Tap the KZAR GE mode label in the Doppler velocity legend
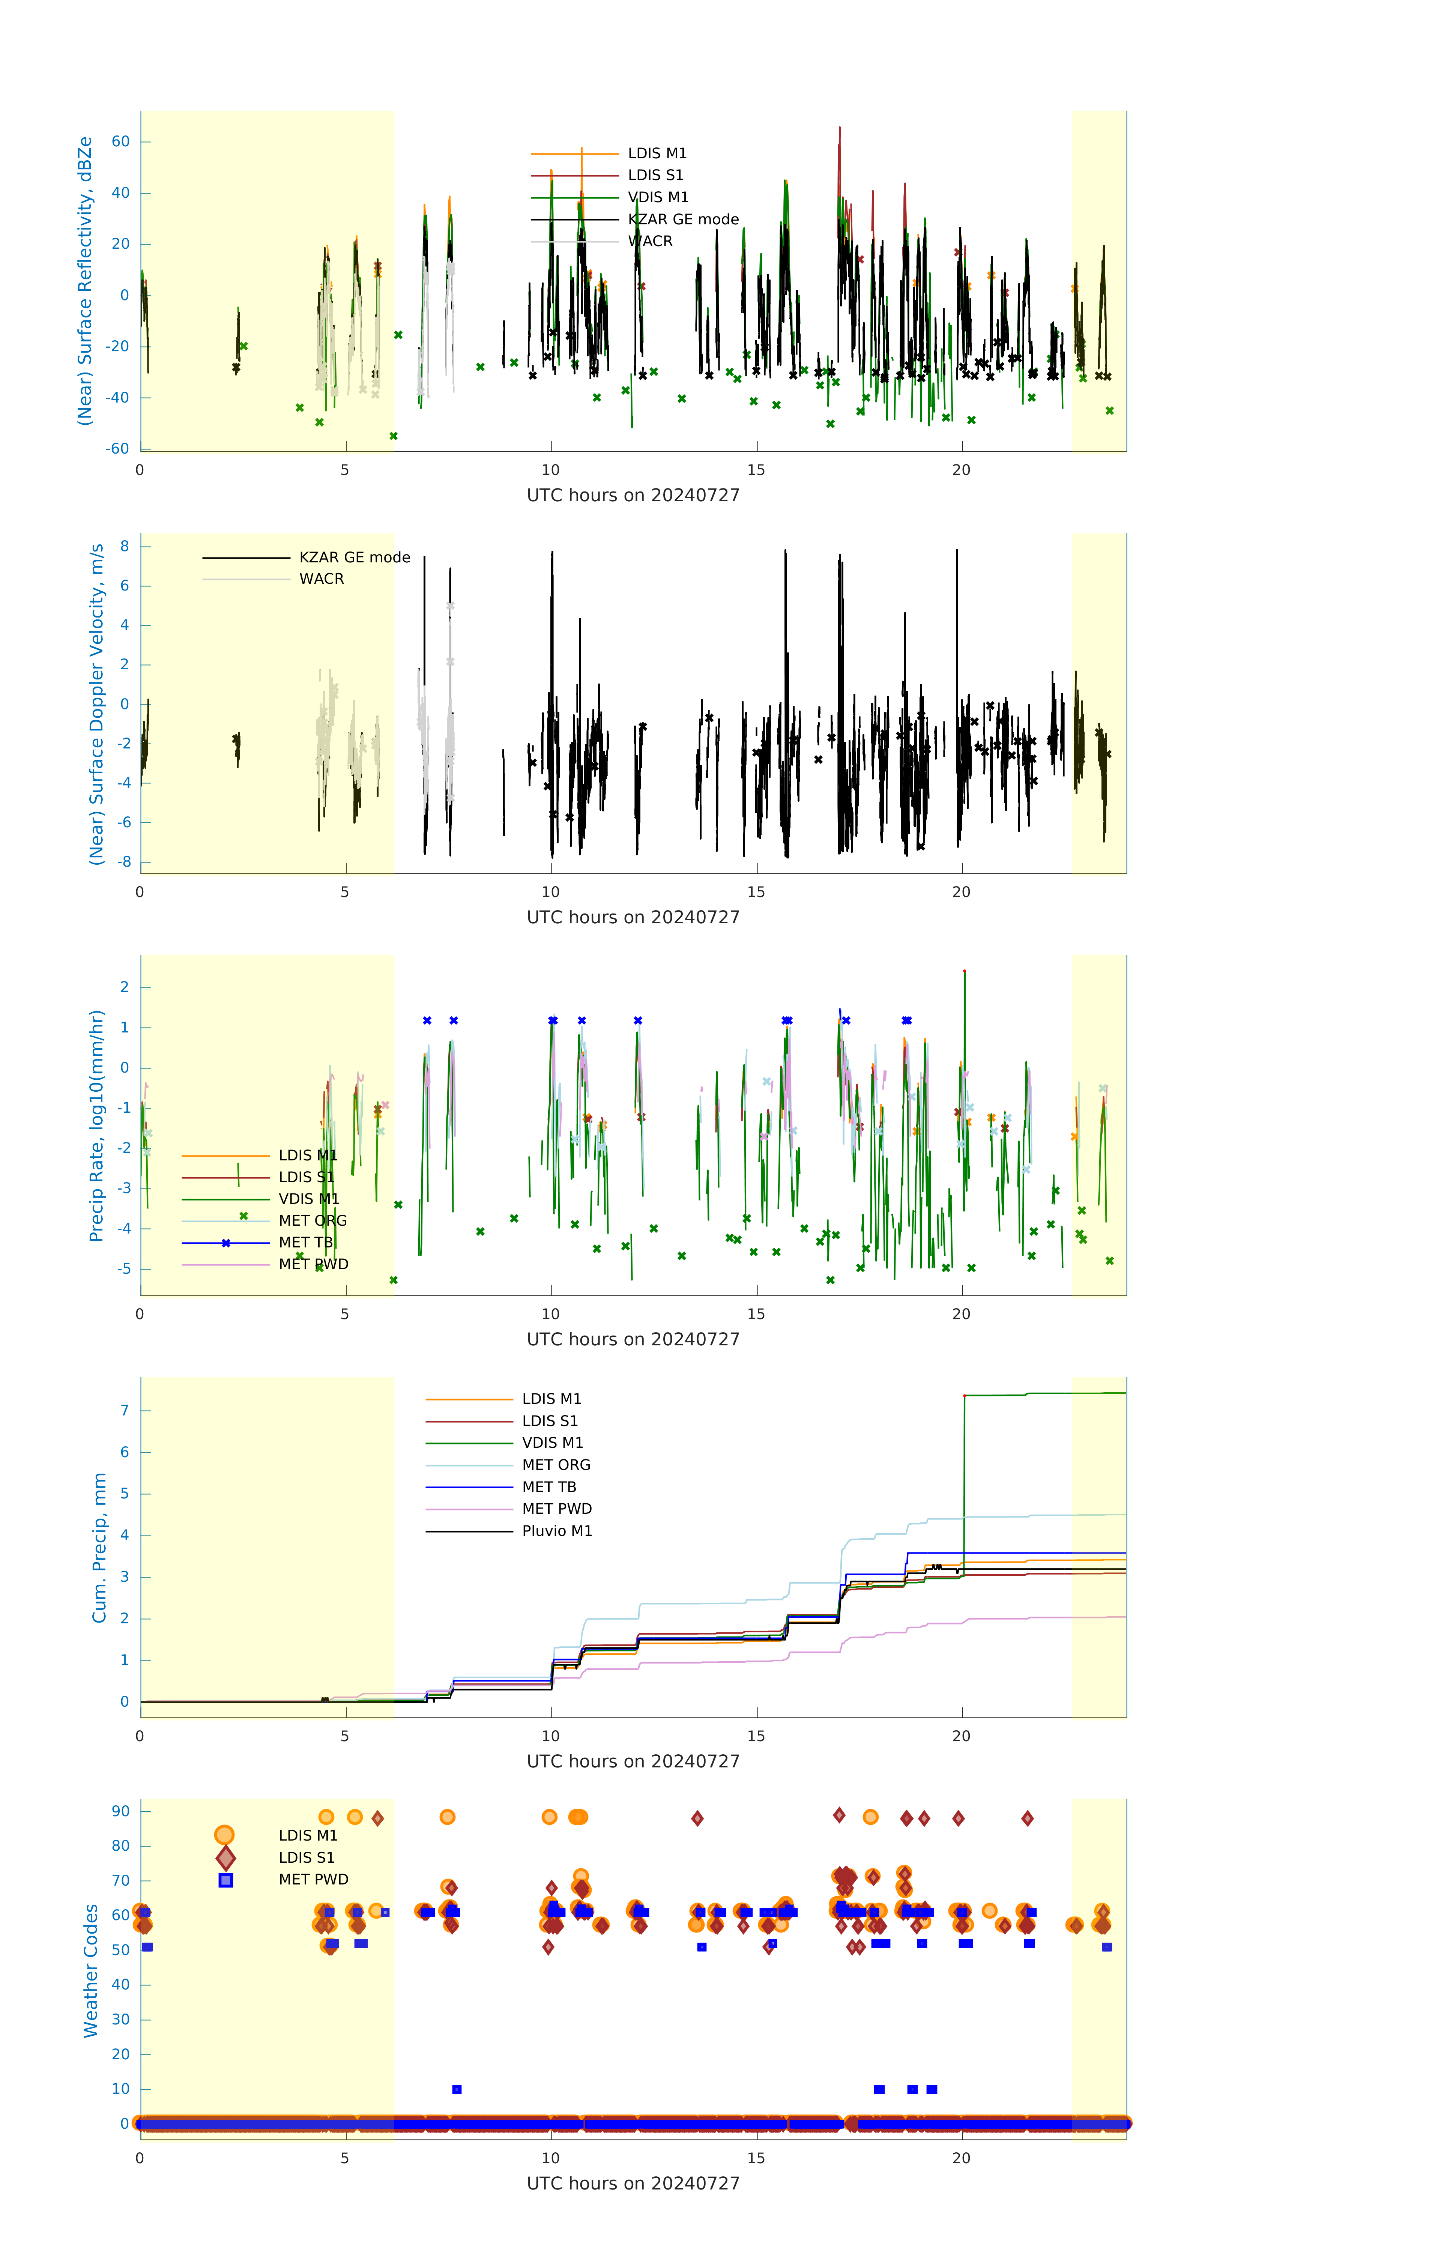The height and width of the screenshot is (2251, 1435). [354, 557]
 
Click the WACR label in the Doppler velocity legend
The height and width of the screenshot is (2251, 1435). [322, 579]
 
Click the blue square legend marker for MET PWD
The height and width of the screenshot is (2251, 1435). [225, 1880]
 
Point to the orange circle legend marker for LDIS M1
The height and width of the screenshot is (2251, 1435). [224, 1835]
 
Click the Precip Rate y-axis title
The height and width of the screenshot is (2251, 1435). [96, 1125]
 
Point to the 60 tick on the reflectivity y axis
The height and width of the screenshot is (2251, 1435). [120, 142]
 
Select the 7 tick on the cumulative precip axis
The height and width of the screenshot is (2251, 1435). [124, 1411]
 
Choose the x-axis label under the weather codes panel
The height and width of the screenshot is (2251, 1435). [633, 2184]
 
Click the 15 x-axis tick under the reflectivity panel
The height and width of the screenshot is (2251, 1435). [755, 470]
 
